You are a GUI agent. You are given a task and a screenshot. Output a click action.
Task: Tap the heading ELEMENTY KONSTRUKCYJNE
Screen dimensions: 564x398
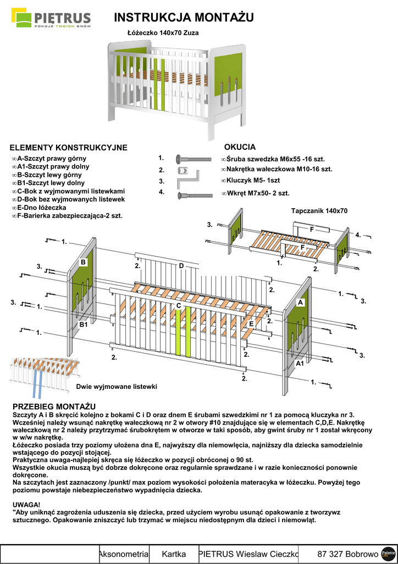[x=69, y=148]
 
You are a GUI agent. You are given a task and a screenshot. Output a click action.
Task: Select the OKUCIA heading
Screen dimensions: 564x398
[x=240, y=147]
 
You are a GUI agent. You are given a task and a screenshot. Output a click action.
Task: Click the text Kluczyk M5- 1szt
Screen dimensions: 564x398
[x=253, y=181]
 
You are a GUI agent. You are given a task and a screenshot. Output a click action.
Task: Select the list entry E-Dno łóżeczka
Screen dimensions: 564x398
[x=41, y=208]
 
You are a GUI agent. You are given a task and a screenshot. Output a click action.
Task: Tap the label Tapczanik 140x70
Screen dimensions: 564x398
[x=319, y=211]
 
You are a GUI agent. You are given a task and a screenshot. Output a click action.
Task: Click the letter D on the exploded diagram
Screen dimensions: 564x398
[x=181, y=265]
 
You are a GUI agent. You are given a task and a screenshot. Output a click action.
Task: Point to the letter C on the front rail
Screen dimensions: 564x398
[x=179, y=305]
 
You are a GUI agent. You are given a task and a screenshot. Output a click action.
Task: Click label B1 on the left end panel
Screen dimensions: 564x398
[x=84, y=325]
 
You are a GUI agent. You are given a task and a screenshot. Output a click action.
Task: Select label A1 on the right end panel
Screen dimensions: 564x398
[x=300, y=364]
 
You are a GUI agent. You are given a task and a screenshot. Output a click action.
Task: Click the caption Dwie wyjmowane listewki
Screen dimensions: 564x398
[x=117, y=387]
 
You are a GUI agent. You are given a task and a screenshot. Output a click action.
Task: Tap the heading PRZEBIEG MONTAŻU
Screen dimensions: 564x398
[x=54, y=406]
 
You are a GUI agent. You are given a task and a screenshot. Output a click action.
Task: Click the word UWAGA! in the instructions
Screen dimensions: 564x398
[x=26, y=505]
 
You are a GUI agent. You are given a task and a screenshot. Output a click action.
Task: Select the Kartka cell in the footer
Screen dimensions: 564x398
[x=174, y=554]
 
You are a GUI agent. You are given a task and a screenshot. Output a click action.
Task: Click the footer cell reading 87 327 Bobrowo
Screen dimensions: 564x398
[x=347, y=554]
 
